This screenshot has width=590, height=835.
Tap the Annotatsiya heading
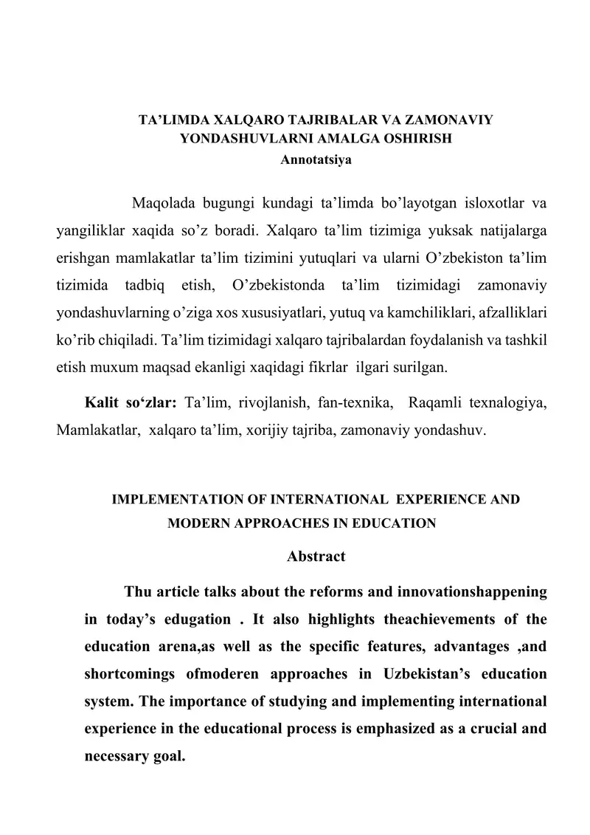(x=316, y=157)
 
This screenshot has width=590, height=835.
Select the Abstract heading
(x=316, y=556)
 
